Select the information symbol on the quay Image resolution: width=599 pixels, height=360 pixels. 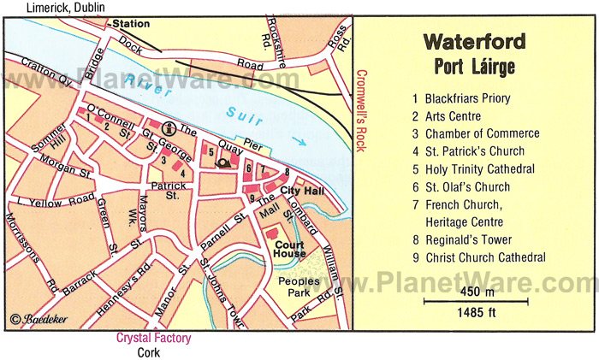pos(169,129)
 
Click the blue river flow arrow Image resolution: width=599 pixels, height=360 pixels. pos(297,142)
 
